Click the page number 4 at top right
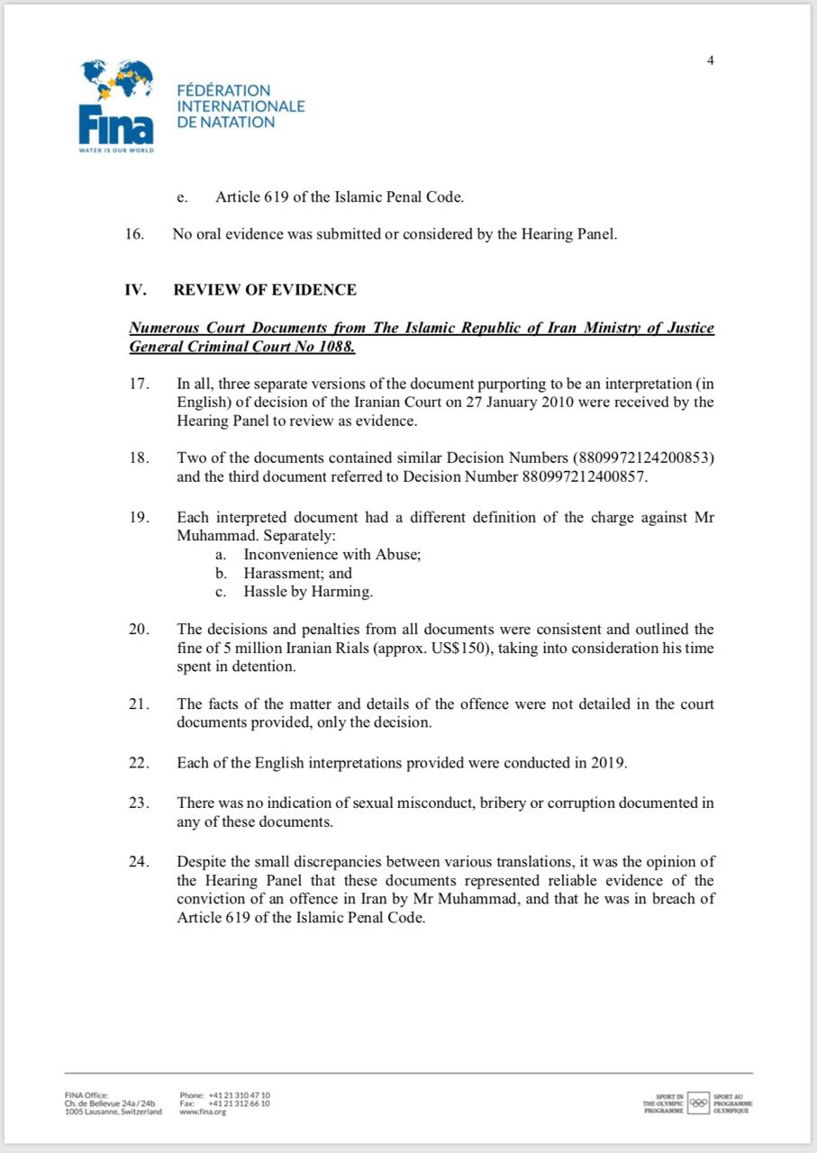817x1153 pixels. (x=710, y=60)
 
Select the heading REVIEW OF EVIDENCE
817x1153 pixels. (x=265, y=290)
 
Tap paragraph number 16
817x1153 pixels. (x=134, y=234)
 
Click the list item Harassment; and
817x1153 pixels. (x=297, y=573)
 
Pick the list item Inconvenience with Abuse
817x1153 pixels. (x=331, y=555)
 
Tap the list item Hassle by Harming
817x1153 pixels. (x=307, y=592)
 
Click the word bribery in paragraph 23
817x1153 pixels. (x=475, y=803)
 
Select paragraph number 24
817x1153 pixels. (x=137, y=861)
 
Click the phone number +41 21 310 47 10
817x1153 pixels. (x=239, y=1094)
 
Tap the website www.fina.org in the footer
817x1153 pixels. (x=203, y=1112)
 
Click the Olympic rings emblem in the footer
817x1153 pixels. (x=698, y=1103)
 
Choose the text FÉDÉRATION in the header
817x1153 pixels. (x=223, y=90)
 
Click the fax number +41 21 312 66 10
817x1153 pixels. (x=239, y=1103)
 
